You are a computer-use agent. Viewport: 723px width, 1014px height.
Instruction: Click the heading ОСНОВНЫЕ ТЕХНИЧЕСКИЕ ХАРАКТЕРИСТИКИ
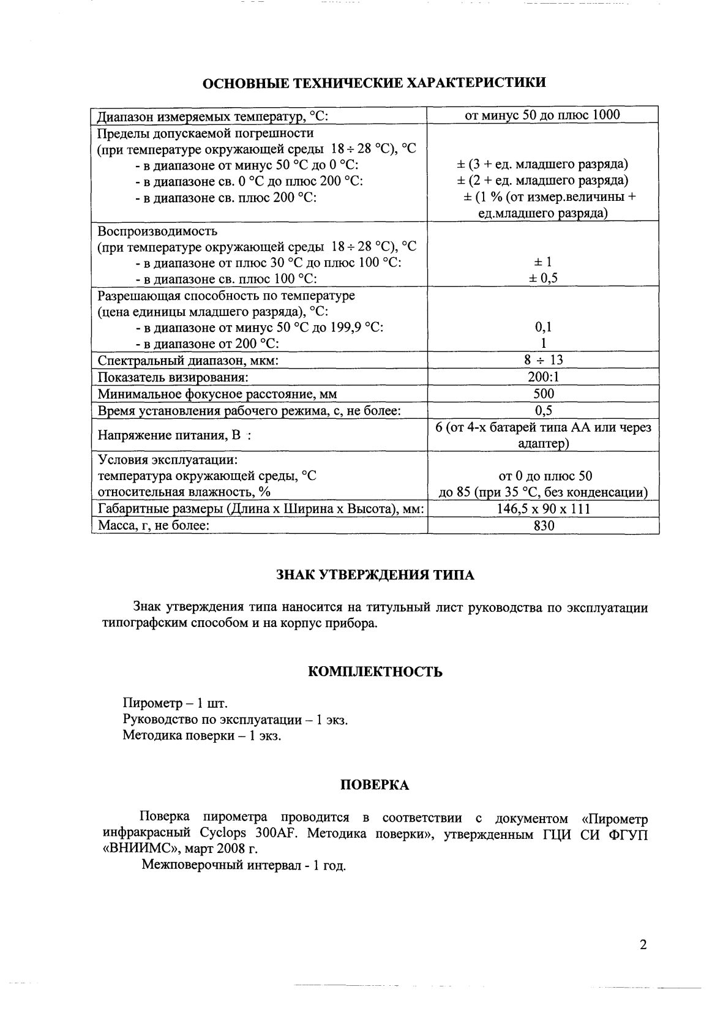click(x=375, y=83)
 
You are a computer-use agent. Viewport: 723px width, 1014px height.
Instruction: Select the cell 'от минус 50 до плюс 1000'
click(x=542, y=115)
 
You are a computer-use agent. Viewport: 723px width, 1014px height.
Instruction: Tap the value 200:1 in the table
click(x=543, y=377)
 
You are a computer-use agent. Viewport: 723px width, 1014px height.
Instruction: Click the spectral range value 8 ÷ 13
click(x=543, y=361)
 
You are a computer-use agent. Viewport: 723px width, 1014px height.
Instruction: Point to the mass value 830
click(x=543, y=525)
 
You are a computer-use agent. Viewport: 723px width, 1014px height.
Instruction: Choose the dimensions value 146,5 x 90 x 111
click(x=543, y=509)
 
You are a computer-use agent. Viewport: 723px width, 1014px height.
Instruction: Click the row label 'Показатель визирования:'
click(x=173, y=377)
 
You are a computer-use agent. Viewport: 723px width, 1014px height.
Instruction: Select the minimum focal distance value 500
click(x=543, y=394)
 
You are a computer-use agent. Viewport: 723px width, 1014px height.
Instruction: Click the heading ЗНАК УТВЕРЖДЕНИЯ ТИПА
click(x=375, y=575)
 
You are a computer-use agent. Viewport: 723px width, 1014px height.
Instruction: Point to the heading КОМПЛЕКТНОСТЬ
click(x=375, y=672)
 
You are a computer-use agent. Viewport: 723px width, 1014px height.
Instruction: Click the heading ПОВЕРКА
click(x=375, y=785)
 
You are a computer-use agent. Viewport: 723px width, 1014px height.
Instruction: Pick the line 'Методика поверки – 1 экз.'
click(x=202, y=735)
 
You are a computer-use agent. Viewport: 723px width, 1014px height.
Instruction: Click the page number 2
click(x=643, y=945)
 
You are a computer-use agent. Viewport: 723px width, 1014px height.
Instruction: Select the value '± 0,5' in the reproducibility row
click(x=543, y=278)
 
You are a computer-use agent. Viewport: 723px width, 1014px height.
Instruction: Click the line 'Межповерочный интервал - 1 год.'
click(x=244, y=865)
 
